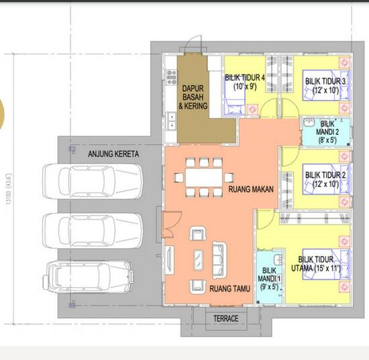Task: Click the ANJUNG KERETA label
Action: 113,154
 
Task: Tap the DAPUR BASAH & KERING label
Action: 195,97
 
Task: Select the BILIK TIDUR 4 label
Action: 245,82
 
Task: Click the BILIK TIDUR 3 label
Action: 325,86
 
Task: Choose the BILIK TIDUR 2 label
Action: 325,180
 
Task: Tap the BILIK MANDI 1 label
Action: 270,278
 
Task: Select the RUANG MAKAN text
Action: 252,190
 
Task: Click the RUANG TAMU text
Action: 229,289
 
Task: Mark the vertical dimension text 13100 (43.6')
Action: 9,188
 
